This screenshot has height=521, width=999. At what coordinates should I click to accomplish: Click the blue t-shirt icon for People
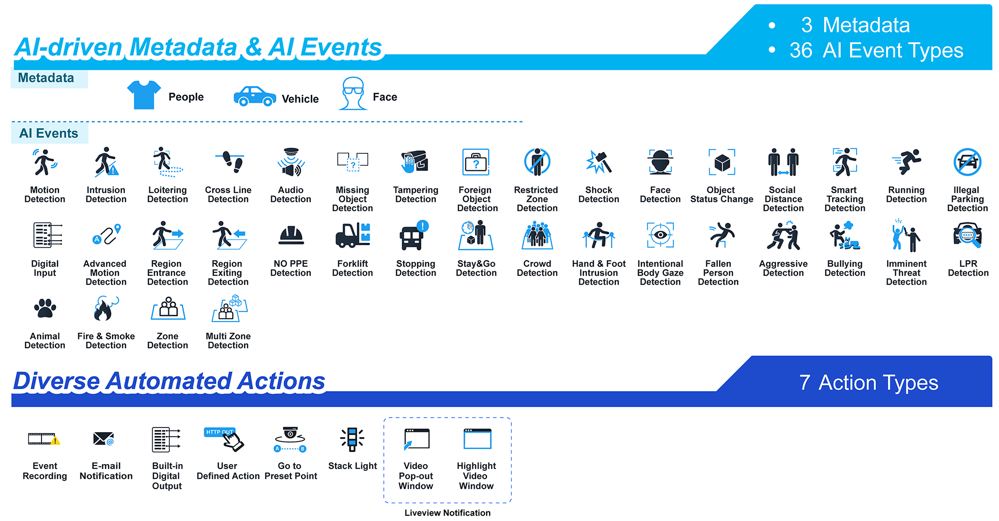pyautogui.click(x=144, y=95)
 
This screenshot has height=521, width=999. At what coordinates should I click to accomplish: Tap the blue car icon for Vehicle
pyautogui.click(x=255, y=96)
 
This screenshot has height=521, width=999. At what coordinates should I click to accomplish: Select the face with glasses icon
pyautogui.click(x=353, y=93)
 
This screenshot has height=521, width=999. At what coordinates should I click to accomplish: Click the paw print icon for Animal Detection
pyautogui.click(x=45, y=308)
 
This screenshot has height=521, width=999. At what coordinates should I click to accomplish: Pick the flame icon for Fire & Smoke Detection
pyautogui.click(x=105, y=309)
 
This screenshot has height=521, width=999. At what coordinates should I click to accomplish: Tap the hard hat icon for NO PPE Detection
pyautogui.click(x=291, y=235)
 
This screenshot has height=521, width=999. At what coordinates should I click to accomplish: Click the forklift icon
pyautogui.click(x=353, y=235)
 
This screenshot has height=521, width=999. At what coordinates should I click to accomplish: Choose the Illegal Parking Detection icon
pyautogui.click(x=968, y=162)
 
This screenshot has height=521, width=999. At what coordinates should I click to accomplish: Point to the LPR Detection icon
pyautogui.click(x=968, y=235)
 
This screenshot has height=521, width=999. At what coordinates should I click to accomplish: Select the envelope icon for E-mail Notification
pyautogui.click(x=104, y=439)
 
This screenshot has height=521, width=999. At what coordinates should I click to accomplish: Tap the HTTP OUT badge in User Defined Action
pyautogui.click(x=219, y=432)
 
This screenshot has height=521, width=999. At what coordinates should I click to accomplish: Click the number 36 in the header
pyautogui.click(x=801, y=50)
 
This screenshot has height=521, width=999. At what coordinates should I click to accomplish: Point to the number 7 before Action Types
pyautogui.click(x=804, y=383)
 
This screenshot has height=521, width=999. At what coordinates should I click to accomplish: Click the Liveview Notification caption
pyautogui.click(x=448, y=513)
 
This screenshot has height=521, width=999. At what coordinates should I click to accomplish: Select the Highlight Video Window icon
pyautogui.click(x=478, y=439)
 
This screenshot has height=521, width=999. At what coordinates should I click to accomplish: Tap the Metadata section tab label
pyautogui.click(x=46, y=78)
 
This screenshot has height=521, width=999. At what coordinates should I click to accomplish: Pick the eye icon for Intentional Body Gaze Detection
pyautogui.click(x=660, y=235)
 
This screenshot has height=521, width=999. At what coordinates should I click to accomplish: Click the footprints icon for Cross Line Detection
pyautogui.click(x=230, y=162)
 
